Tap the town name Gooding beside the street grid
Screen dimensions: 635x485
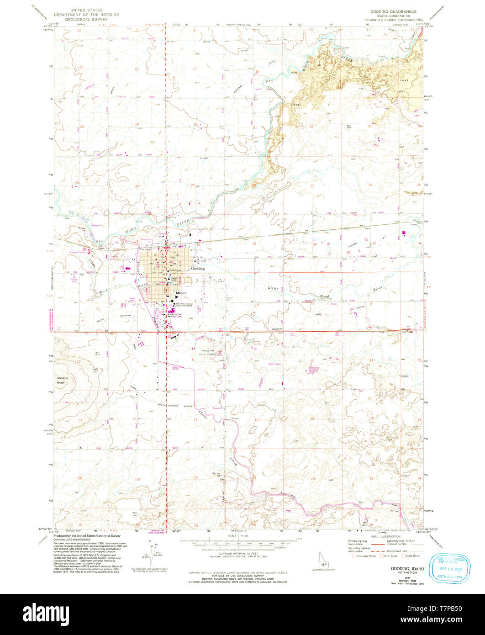pos(198,269)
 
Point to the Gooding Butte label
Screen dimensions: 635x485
pos(63,380)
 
